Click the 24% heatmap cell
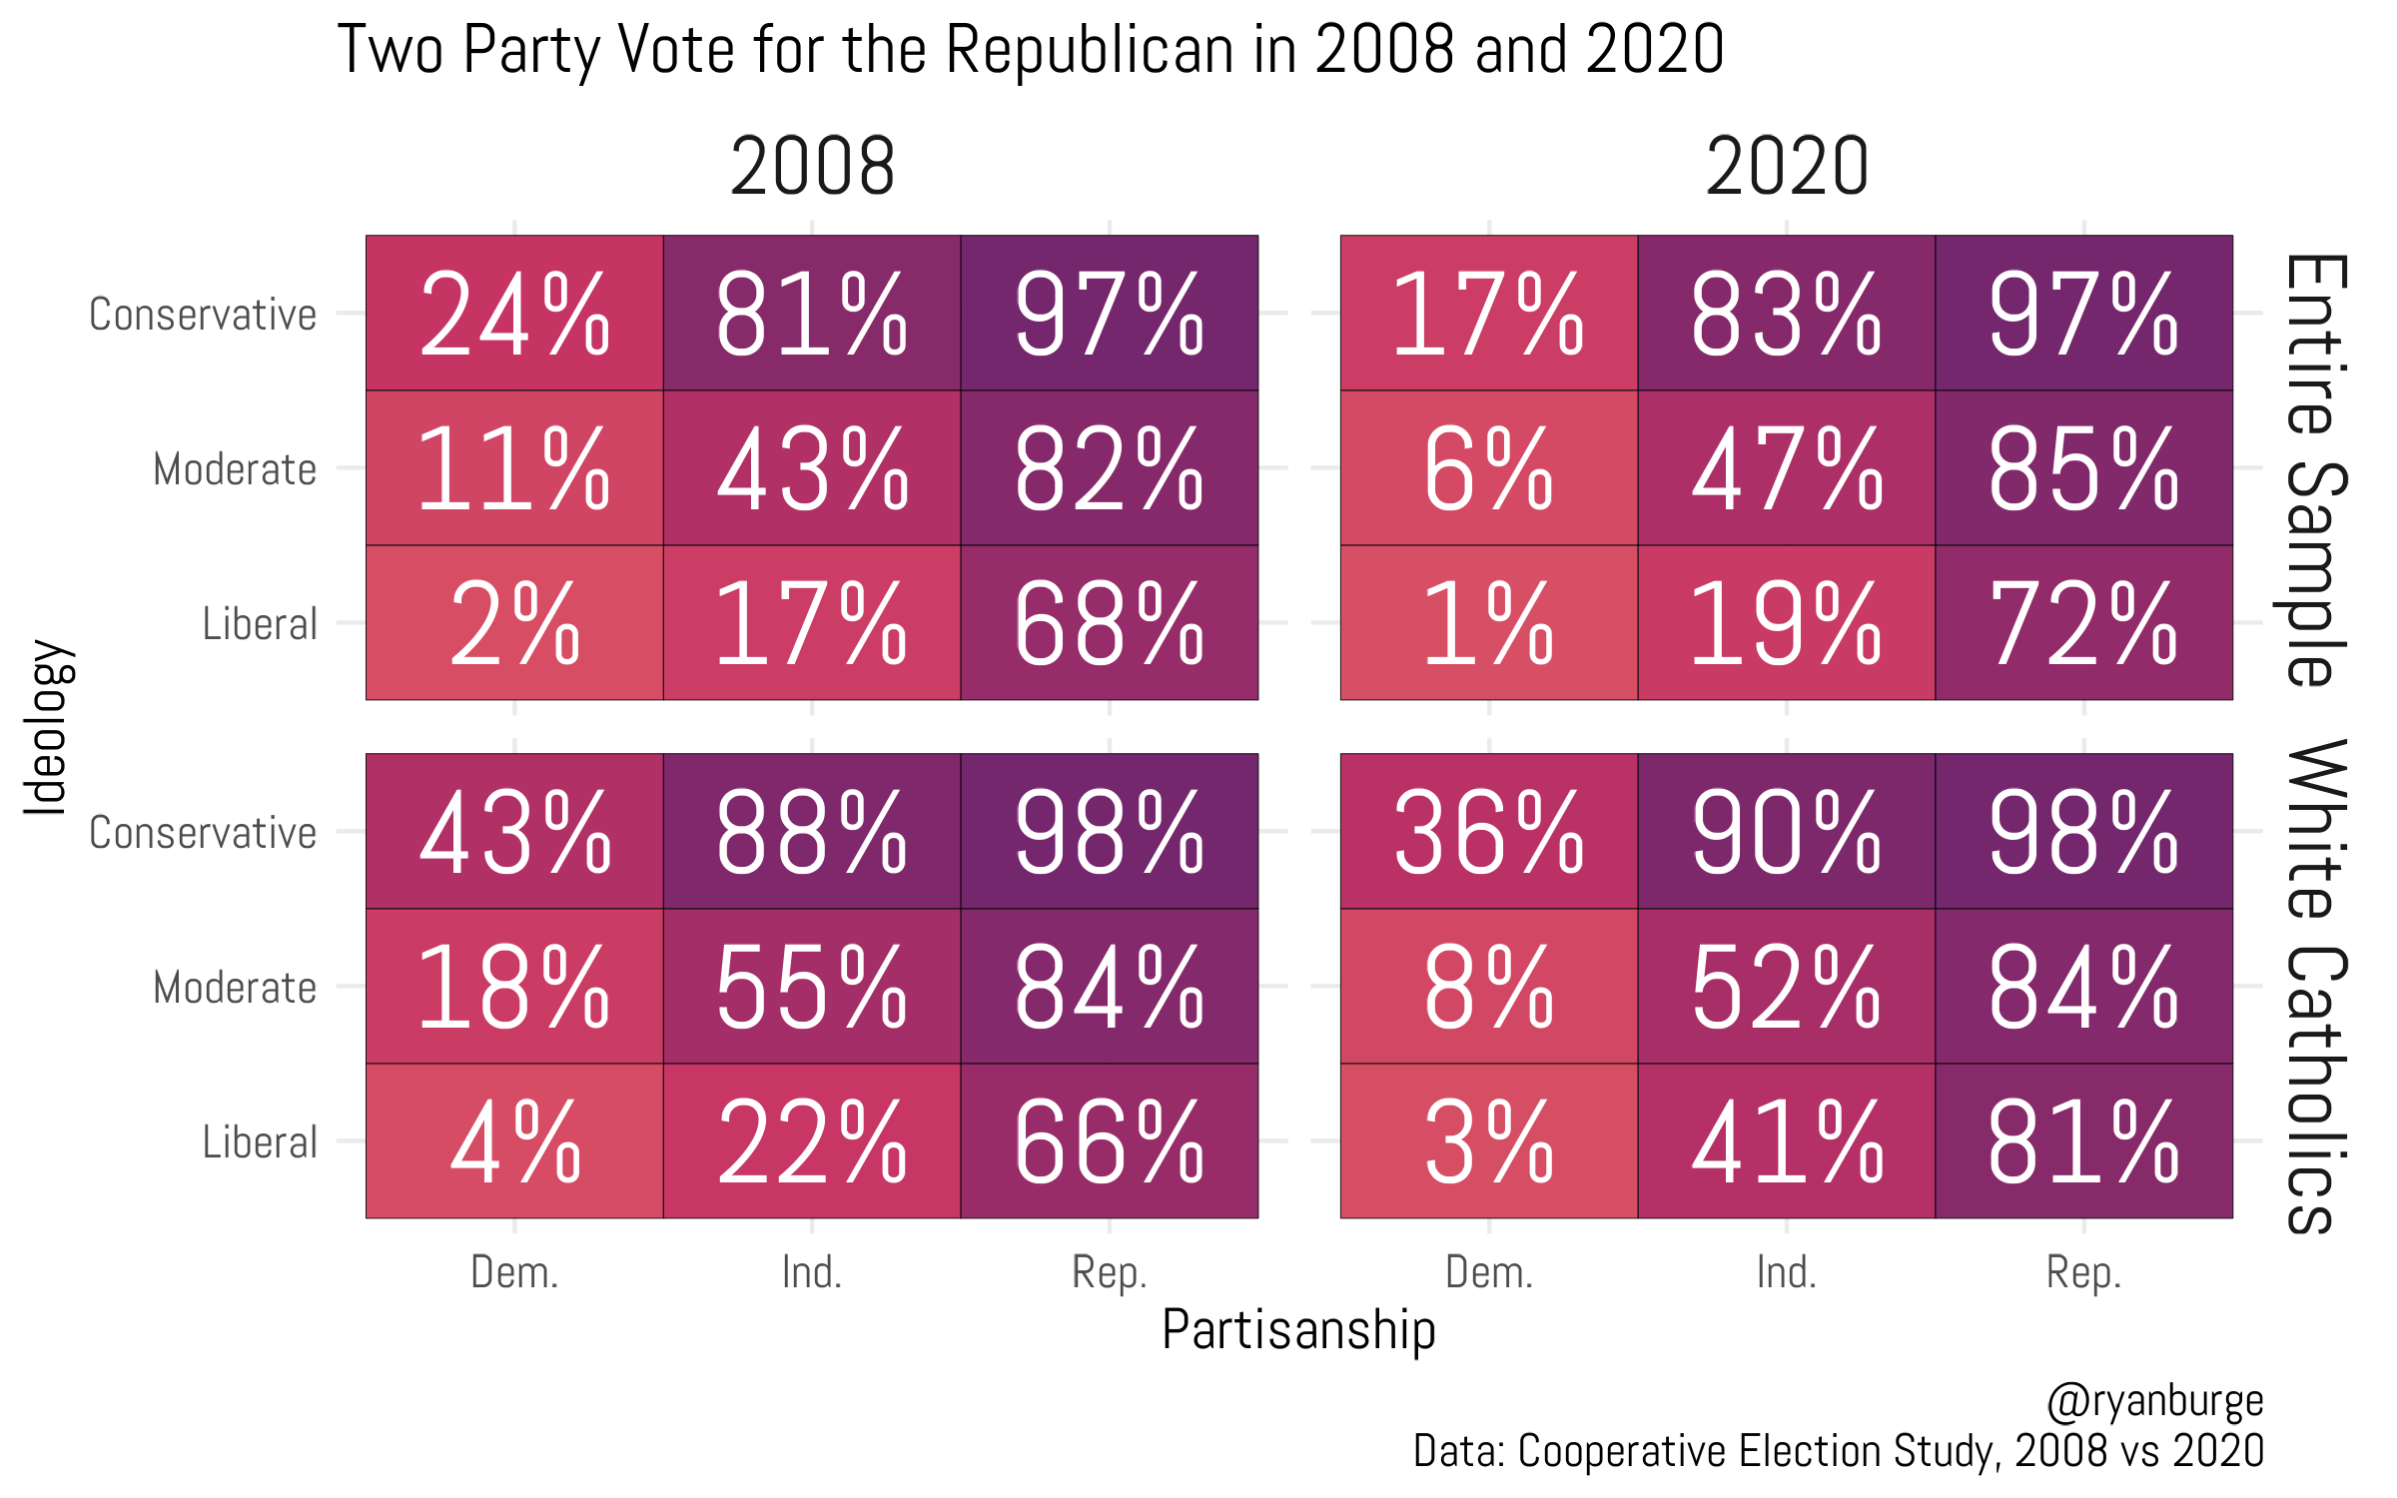[x=514, y=313]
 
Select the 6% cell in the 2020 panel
[x=1488, y=467]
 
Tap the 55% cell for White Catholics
[x=812, y=986]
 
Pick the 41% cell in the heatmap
[x=1786, y=1140]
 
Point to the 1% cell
[x=1488, y=622]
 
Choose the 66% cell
[x=1109, y=1140]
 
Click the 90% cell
[x=1786, y=831]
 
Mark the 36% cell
[x=1488, y=831]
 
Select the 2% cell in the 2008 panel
[x=514, y=622]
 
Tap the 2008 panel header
[x=812, y=167]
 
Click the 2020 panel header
[x=1786, y=167]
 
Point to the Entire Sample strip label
[x=2315, y=469]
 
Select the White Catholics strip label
[x=2315, y=986]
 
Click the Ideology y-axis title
[x=46, y=727]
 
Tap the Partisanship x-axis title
[x=1298, y=1330]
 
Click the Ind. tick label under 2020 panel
[x=1786, y=1273]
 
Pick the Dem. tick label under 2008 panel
[x=514, y=1273]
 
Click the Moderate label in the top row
[x=235, y=468]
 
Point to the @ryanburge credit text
[x=2155, y=1400]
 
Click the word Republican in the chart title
[x=1090, y=50]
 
